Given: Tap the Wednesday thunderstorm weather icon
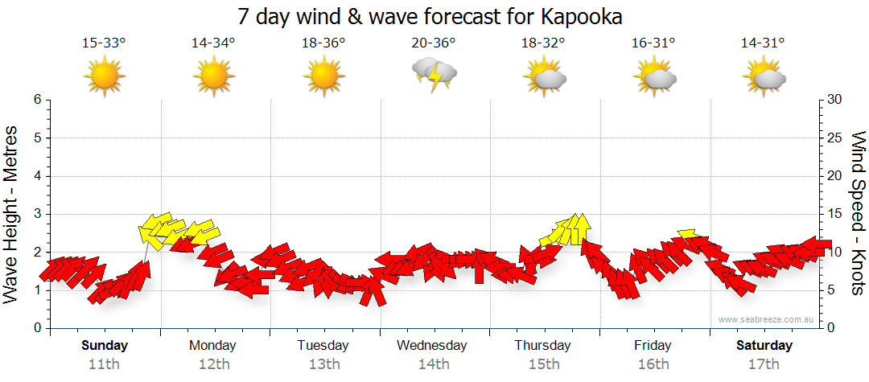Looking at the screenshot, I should point(434,75).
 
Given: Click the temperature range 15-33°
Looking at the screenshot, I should point(104,43).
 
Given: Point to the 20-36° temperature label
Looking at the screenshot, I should point(434,43).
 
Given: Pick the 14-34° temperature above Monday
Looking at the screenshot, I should point(213,43).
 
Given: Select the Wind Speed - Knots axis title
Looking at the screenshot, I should point(857,213).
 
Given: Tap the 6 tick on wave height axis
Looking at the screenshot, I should point(36,100).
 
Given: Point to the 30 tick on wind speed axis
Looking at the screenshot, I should point(834,100).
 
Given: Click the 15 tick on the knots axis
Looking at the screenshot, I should point(834,214).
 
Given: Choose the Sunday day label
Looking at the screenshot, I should point(105,346).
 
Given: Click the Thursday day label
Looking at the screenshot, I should point(542,346).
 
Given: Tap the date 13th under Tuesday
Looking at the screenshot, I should point(323,364).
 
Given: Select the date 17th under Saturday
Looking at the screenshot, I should point(764,364).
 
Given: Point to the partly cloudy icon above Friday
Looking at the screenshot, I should point(654,77).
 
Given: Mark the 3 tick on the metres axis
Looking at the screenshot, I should point(36,214).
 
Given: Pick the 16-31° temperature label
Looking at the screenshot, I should point(653,43).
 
